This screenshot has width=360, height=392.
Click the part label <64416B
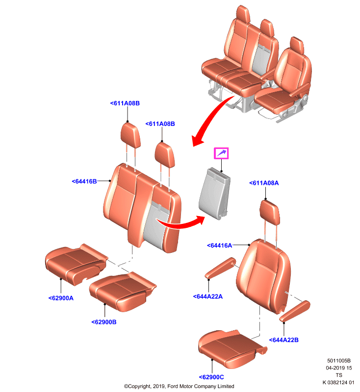(x=84, y=181)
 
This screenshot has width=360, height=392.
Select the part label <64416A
(x=219, y=245)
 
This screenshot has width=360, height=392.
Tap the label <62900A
(x=61, y=298)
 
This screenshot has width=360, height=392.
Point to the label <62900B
(x=104, y=322)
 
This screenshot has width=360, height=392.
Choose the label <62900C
(x=211, y=377)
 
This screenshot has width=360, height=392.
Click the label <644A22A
(x=207, y=296)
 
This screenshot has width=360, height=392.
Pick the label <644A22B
(x=283, y=340)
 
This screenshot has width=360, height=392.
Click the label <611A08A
(x=264, y=183)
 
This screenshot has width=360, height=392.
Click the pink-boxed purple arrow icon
(x=221, y=153)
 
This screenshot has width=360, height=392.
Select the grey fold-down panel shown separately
(x=215, y=194)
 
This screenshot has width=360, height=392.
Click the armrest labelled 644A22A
(x=220, y=268)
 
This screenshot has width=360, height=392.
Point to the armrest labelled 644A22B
(x=295, y=311)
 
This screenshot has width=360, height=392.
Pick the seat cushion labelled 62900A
(x=77, y=264)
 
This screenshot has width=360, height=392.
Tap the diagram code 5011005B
(x=339, y=361)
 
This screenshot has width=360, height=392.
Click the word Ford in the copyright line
(x=173, y=386)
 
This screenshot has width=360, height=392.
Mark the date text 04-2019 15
(x=339, y=368)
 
